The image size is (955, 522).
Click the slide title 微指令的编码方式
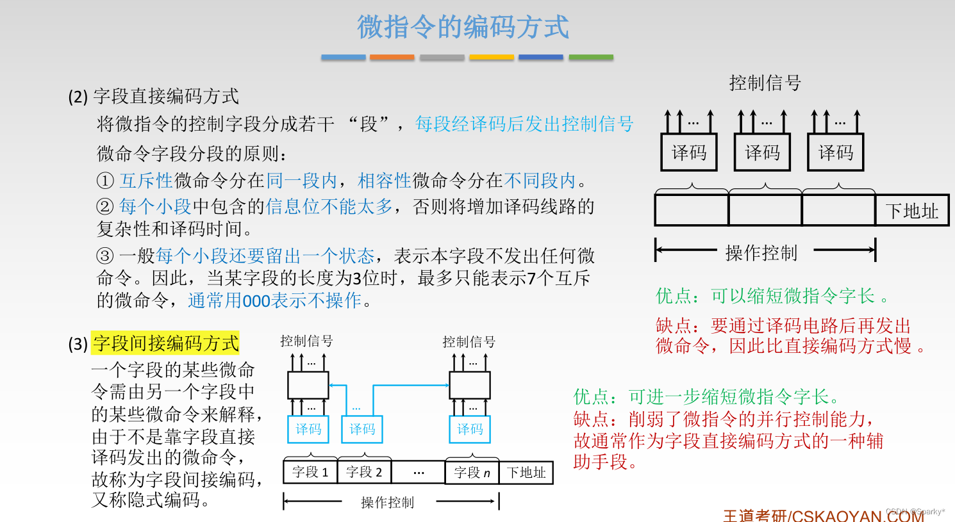(463, 27)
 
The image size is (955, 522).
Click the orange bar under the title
(392, 57)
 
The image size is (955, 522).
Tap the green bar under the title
(591, 57)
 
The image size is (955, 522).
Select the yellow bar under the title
(491, 57)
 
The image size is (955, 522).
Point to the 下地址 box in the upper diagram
(911, 211)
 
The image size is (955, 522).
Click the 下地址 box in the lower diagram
(526, 473)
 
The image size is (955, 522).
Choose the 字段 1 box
(310, 473)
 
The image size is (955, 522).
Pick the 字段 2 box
(364, 473)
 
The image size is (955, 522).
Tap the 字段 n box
(472, 473)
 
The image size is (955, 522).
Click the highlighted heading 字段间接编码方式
(165, 343)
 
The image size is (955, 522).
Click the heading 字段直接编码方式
(165, 96)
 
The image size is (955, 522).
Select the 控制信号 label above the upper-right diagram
(765, 83)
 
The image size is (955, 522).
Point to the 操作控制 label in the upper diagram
(761, 253)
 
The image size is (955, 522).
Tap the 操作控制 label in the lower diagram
(387, 503)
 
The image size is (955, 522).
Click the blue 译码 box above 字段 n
(470, 429)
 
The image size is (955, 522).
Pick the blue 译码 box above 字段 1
(308, 429)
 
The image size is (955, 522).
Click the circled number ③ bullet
(105, 256)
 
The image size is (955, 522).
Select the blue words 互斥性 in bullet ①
(146, 181)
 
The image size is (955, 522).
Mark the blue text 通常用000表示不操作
(274, 300)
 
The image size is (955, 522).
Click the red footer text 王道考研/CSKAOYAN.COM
(823, 516)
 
